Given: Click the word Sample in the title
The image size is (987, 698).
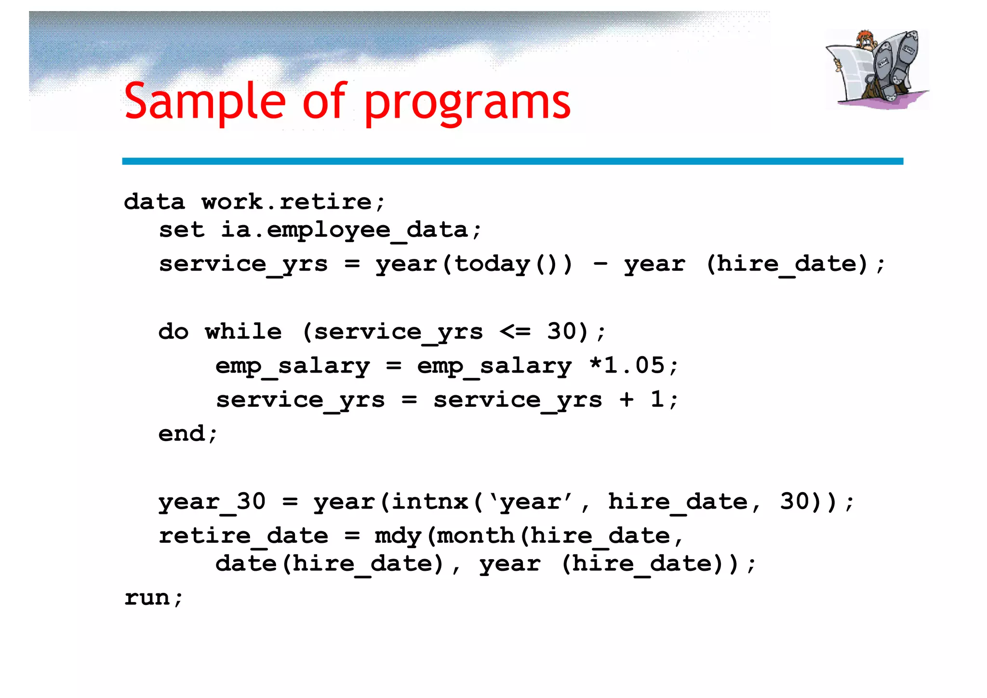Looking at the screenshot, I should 205,101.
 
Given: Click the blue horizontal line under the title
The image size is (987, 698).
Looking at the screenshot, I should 512,161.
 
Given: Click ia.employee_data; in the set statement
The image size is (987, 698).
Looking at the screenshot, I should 350,230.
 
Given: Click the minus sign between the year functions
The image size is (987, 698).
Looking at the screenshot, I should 600,264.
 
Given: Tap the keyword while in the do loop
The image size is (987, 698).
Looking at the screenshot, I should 243,332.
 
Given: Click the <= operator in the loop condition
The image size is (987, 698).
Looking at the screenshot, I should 515,332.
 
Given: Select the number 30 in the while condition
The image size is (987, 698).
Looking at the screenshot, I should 561,332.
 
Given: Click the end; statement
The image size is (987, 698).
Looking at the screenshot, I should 188,433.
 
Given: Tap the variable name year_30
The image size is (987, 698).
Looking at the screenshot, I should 212,502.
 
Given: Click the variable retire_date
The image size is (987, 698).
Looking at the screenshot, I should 243,536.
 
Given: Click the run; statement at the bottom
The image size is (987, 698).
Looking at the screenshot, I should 154,598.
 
